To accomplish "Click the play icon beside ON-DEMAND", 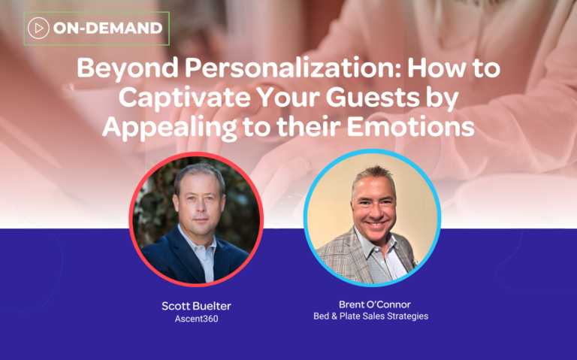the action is click(38, 28).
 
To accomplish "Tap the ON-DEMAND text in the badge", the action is click(108, 28).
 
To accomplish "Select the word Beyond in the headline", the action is click(127, 69).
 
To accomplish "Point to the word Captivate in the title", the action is click(183, 97).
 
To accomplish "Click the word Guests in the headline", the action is click(373, 97).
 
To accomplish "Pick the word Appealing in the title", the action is click(169, 128).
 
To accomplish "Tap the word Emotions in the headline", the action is click(410, 126).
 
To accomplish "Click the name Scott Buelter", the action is click(197, 306).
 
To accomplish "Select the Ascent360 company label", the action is click(197, 319).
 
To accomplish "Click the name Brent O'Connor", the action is click(375, 304).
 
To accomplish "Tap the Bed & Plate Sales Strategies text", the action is click(370, 316).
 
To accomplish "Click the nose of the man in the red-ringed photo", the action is click(198, 207).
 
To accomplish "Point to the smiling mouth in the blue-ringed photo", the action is click(376, 223).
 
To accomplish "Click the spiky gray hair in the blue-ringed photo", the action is click(373, 177).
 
